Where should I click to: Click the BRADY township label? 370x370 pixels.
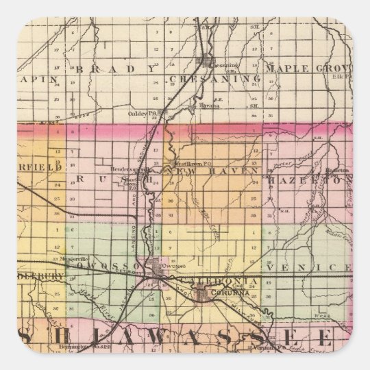click(x=116, y=69)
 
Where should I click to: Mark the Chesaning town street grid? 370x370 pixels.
click(x=206, y=64)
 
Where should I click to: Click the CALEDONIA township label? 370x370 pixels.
click(x=223, y=281)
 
